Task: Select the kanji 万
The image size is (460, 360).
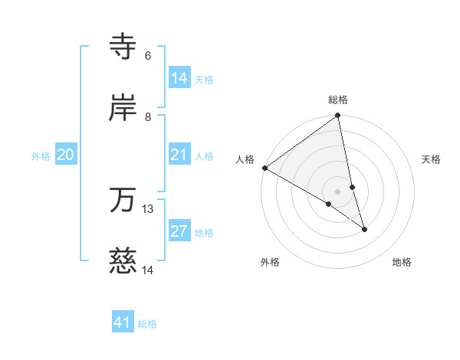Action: pos(124,200)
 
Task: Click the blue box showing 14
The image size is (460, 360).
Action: pos(179,78)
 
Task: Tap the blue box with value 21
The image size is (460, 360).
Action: pos(179,155)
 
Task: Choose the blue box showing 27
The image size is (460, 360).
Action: pos(179,232)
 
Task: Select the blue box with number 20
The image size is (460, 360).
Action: pos(66,155)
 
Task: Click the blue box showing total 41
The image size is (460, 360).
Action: pos(123,323)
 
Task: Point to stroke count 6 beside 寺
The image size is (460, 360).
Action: pos(148,56)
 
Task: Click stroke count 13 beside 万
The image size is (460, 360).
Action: pos(148,208)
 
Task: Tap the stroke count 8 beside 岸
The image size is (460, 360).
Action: pos(148,116)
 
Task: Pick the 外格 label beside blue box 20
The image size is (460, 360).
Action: pos(41,156)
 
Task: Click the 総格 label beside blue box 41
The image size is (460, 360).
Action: pos(147,324)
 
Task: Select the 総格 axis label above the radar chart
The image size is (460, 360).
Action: pos(338,100)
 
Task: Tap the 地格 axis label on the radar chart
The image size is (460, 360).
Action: pos(402,262)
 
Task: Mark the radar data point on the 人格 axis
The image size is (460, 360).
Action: pos(264,168)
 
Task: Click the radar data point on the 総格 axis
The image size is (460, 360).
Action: pos(338,116)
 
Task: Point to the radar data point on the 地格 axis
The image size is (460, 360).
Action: pos(364,229)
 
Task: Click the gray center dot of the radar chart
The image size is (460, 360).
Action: pos(338,191)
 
